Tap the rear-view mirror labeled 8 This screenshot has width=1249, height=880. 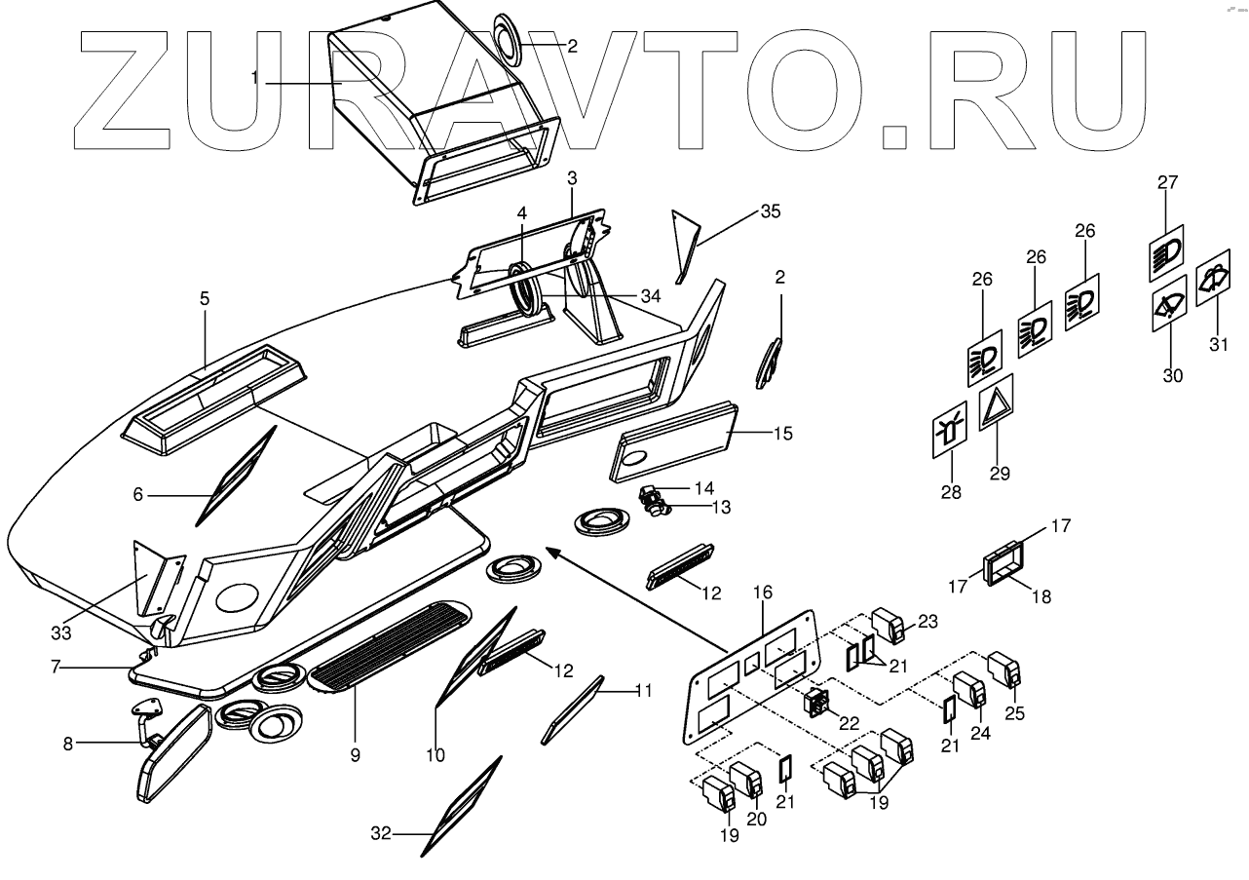coord(175,752)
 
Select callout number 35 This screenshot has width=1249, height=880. coord(771,211)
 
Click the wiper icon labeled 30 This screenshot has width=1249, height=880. coord(1169,306)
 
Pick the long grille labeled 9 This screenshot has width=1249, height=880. coord(390,643)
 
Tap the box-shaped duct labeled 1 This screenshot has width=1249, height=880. coord(429,107)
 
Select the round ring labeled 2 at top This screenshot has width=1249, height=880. coord(506,42)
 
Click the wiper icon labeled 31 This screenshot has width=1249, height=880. coord(1212,278)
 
